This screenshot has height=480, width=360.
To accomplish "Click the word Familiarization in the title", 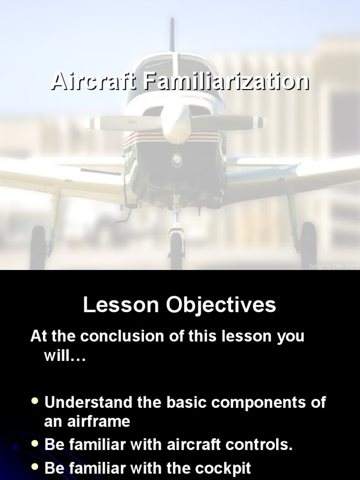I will pos(226,82).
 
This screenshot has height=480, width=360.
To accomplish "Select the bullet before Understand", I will pos(35,402).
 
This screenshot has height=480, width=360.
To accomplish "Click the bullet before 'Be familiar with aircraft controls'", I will pos(35,444).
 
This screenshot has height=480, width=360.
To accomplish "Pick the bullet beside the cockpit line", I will pos(35,468).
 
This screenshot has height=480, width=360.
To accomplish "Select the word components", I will pos(255,402).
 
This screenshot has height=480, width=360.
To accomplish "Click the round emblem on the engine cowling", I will pos(177,159).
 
